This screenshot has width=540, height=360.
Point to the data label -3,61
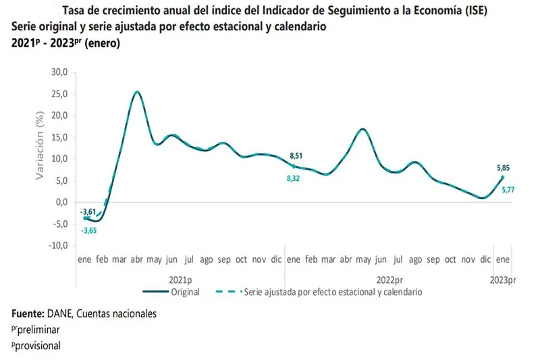[88, 212]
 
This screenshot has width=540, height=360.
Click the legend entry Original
[184, 292]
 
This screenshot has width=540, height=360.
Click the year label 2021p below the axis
[180, 279]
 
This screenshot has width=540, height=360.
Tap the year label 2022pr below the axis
[390, 279]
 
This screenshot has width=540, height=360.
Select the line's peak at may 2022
[363, 128]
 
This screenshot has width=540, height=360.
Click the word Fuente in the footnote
[28, 313]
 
